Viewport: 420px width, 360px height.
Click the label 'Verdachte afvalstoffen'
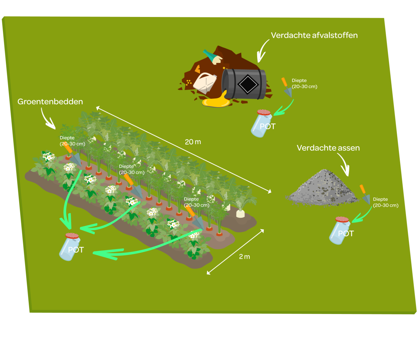tap(314, 35)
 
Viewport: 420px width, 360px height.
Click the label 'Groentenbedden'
tap(50, 101)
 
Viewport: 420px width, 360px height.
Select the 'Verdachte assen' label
tap(328, 148)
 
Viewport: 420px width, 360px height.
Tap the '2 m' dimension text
tap(244, 256)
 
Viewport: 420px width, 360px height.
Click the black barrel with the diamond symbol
tap(244, 84)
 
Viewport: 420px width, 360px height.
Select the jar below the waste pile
tap(262, 123)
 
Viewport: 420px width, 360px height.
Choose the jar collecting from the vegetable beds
tap(70, 247)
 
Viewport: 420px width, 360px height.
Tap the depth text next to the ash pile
tap(385, 202)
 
